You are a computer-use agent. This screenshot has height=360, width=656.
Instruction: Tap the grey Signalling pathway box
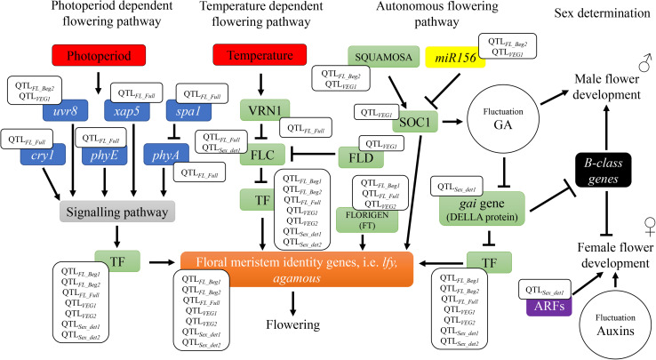point(117,211)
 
